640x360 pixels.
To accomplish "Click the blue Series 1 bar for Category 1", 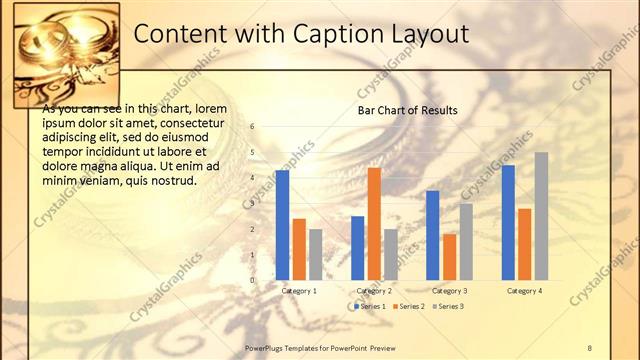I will point(282,225).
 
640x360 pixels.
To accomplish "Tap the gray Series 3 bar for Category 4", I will point(541,216).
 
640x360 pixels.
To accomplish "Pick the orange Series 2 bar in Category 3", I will point(449,257).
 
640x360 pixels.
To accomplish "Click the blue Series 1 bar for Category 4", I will point(508,222).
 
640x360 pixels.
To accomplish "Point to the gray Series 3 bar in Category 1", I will point(315,254).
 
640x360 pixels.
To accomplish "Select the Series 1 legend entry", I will point(369,306).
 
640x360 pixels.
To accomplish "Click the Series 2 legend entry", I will point(408,306).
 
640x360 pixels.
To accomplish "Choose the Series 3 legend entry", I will point(447,306).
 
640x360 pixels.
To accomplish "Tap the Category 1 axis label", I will point(299,290).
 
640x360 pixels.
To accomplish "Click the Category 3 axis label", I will point(450,290).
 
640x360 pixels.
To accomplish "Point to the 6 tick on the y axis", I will point(253,127).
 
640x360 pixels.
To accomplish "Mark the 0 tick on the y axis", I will point(253,280).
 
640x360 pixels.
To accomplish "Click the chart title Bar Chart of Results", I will point(408,110).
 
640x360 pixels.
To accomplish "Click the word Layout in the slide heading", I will point(431,34).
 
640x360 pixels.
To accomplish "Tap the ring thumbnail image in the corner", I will point(66,55).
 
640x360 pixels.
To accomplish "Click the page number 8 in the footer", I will point(590,347).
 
